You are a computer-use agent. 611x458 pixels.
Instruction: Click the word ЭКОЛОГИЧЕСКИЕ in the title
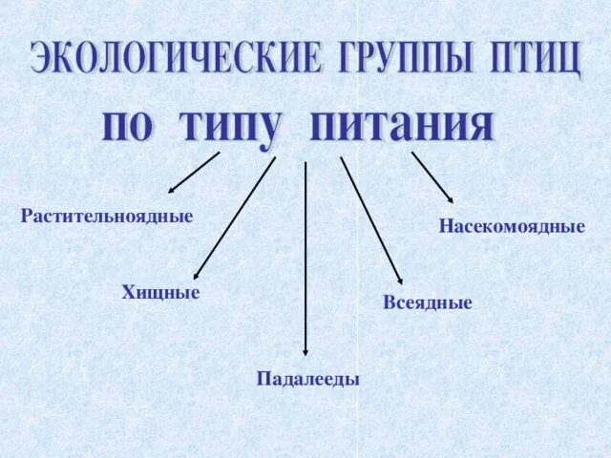click(176, 59)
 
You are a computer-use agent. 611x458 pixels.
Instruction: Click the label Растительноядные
click(107, 217)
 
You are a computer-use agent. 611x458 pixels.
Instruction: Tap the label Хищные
click(160, 292)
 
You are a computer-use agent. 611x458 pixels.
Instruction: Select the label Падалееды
click(307, 379)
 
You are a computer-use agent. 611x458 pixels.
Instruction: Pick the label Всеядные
click(427, 302)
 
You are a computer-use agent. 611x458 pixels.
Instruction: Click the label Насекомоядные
click(512, 227)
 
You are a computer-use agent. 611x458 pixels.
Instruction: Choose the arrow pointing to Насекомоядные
click(432, 177)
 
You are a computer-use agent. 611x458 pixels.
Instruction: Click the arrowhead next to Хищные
click(197, 275)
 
